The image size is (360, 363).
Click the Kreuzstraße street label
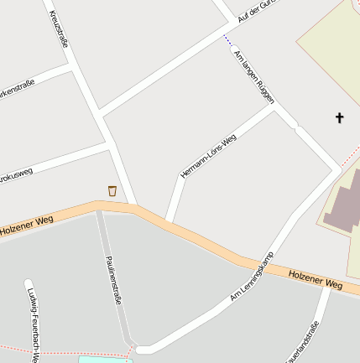[58, 30]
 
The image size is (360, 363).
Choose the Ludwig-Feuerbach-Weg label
[33, 323]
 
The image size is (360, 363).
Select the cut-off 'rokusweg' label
[16, 174]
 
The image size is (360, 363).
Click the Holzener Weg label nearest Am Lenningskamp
[316, 280]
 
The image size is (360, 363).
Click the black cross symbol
[340, 117]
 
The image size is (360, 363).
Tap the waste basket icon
[112, 191]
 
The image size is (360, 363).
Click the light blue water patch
[105, 359]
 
